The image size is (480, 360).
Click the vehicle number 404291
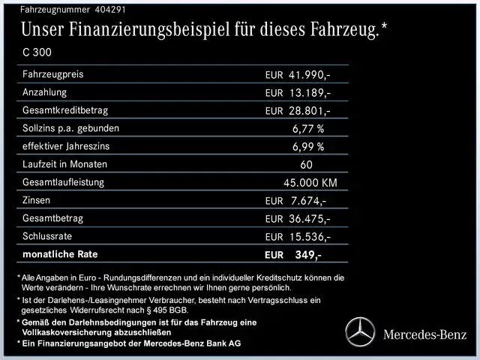110,10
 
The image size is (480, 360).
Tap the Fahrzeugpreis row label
53,75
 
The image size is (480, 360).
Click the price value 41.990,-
309,75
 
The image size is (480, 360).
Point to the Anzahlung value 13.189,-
309,93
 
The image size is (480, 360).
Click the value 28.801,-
309,111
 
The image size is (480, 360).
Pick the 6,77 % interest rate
307,128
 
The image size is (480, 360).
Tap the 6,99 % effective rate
307,146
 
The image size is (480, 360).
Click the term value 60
305,164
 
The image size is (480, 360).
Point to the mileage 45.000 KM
310,182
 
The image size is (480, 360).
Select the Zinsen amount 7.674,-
307,200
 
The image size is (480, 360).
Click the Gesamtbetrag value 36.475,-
309,218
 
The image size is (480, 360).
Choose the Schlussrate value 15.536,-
309,236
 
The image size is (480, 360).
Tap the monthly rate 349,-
307,254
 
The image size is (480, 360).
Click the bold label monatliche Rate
61,254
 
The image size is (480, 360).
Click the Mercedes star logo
359,332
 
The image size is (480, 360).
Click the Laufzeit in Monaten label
65,164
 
